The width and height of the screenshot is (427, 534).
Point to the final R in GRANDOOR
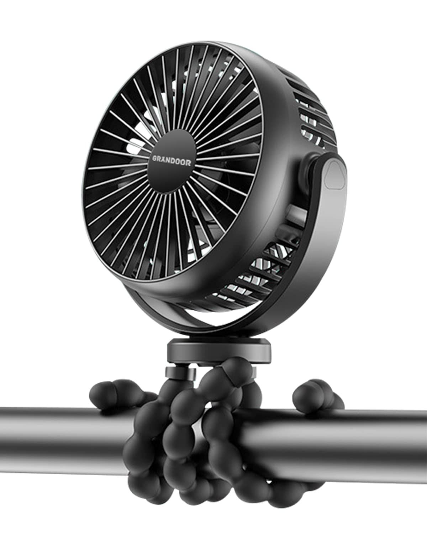coord(189,163)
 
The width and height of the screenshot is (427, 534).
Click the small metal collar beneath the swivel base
coord(181,373)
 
